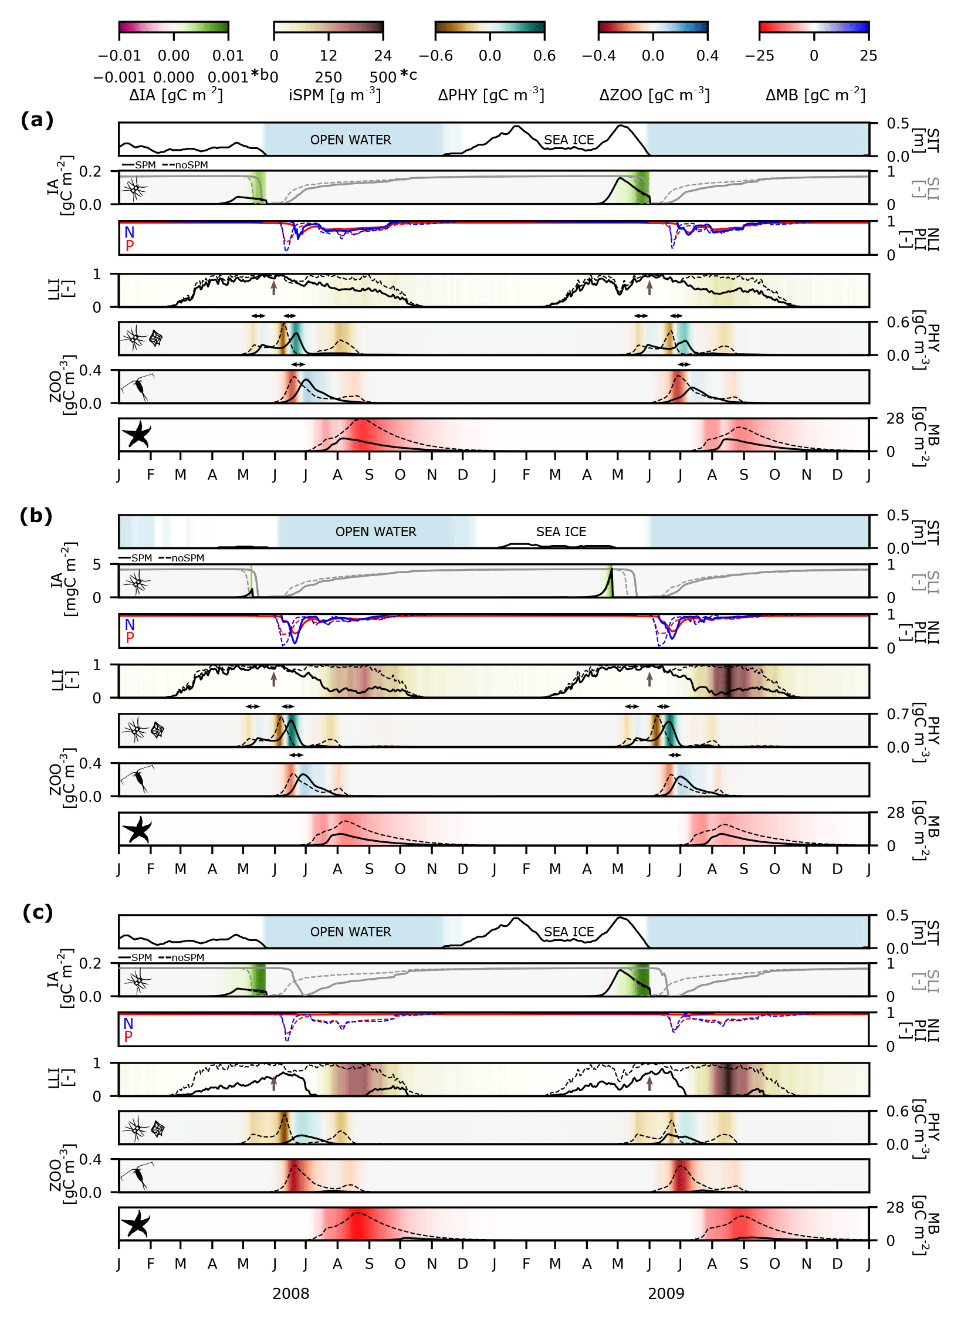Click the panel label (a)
tap(37, 120)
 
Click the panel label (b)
tap(36, 516)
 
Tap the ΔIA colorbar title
tap(176, 94)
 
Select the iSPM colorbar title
tap(334, 94)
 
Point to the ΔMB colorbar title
tap(816, 94)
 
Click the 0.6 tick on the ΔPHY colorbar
tap(544, 56)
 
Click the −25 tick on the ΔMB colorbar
tap(759, 56)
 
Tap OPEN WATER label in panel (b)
tap(376, 532)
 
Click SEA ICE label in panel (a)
tap(569, 140)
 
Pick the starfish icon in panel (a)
tap(137, 434)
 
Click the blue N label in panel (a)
tap(129, 232)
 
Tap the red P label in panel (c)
tap(128, 1036)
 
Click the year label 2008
tap(290, 1294)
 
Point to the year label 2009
tap(666, 1294)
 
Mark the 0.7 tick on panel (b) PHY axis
tap(898, 714)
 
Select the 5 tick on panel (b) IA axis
tap(97, 564)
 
